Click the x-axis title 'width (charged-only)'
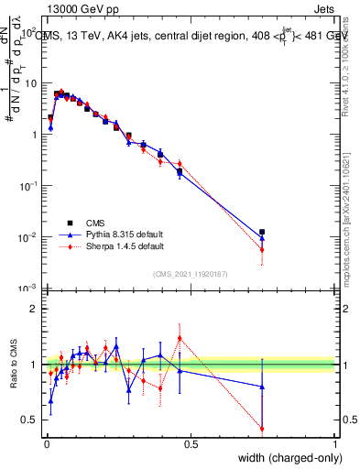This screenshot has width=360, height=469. (285, 459)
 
